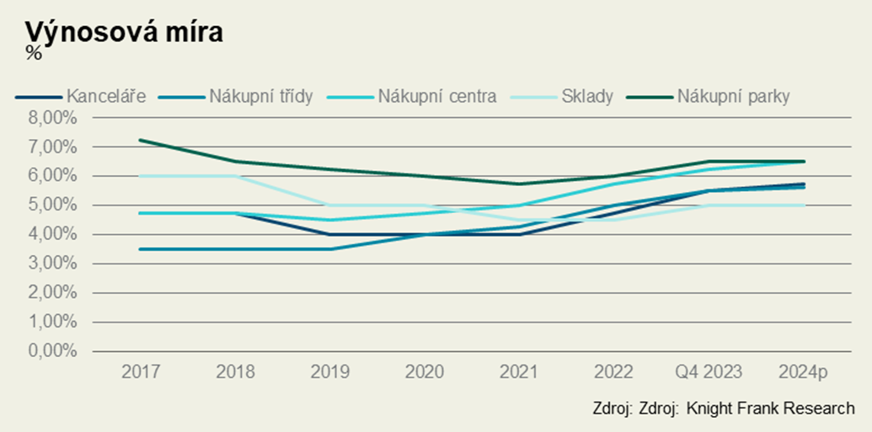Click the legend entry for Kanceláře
(x=106, y=96)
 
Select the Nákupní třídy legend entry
(x=264, y=96)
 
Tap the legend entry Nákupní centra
(x=437, y=96)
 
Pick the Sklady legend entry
(x=587, y=96)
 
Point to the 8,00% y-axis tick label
(x=53, y=118)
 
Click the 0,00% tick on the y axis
(x=53, y=351)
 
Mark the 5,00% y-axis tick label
(x=53, y=205)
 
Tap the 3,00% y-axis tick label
(x=53, y=264)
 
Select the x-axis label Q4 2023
(x=709, y=371)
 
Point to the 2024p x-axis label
(x=803, y=371)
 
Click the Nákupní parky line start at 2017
(x=140, y=140)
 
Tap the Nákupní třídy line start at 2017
(x=140, y=249)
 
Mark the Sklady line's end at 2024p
(x=804, y=205)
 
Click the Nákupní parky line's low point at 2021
(x=519, y=184)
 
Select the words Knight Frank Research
(x=770, y=408)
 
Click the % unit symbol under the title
(x=33, y=52)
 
